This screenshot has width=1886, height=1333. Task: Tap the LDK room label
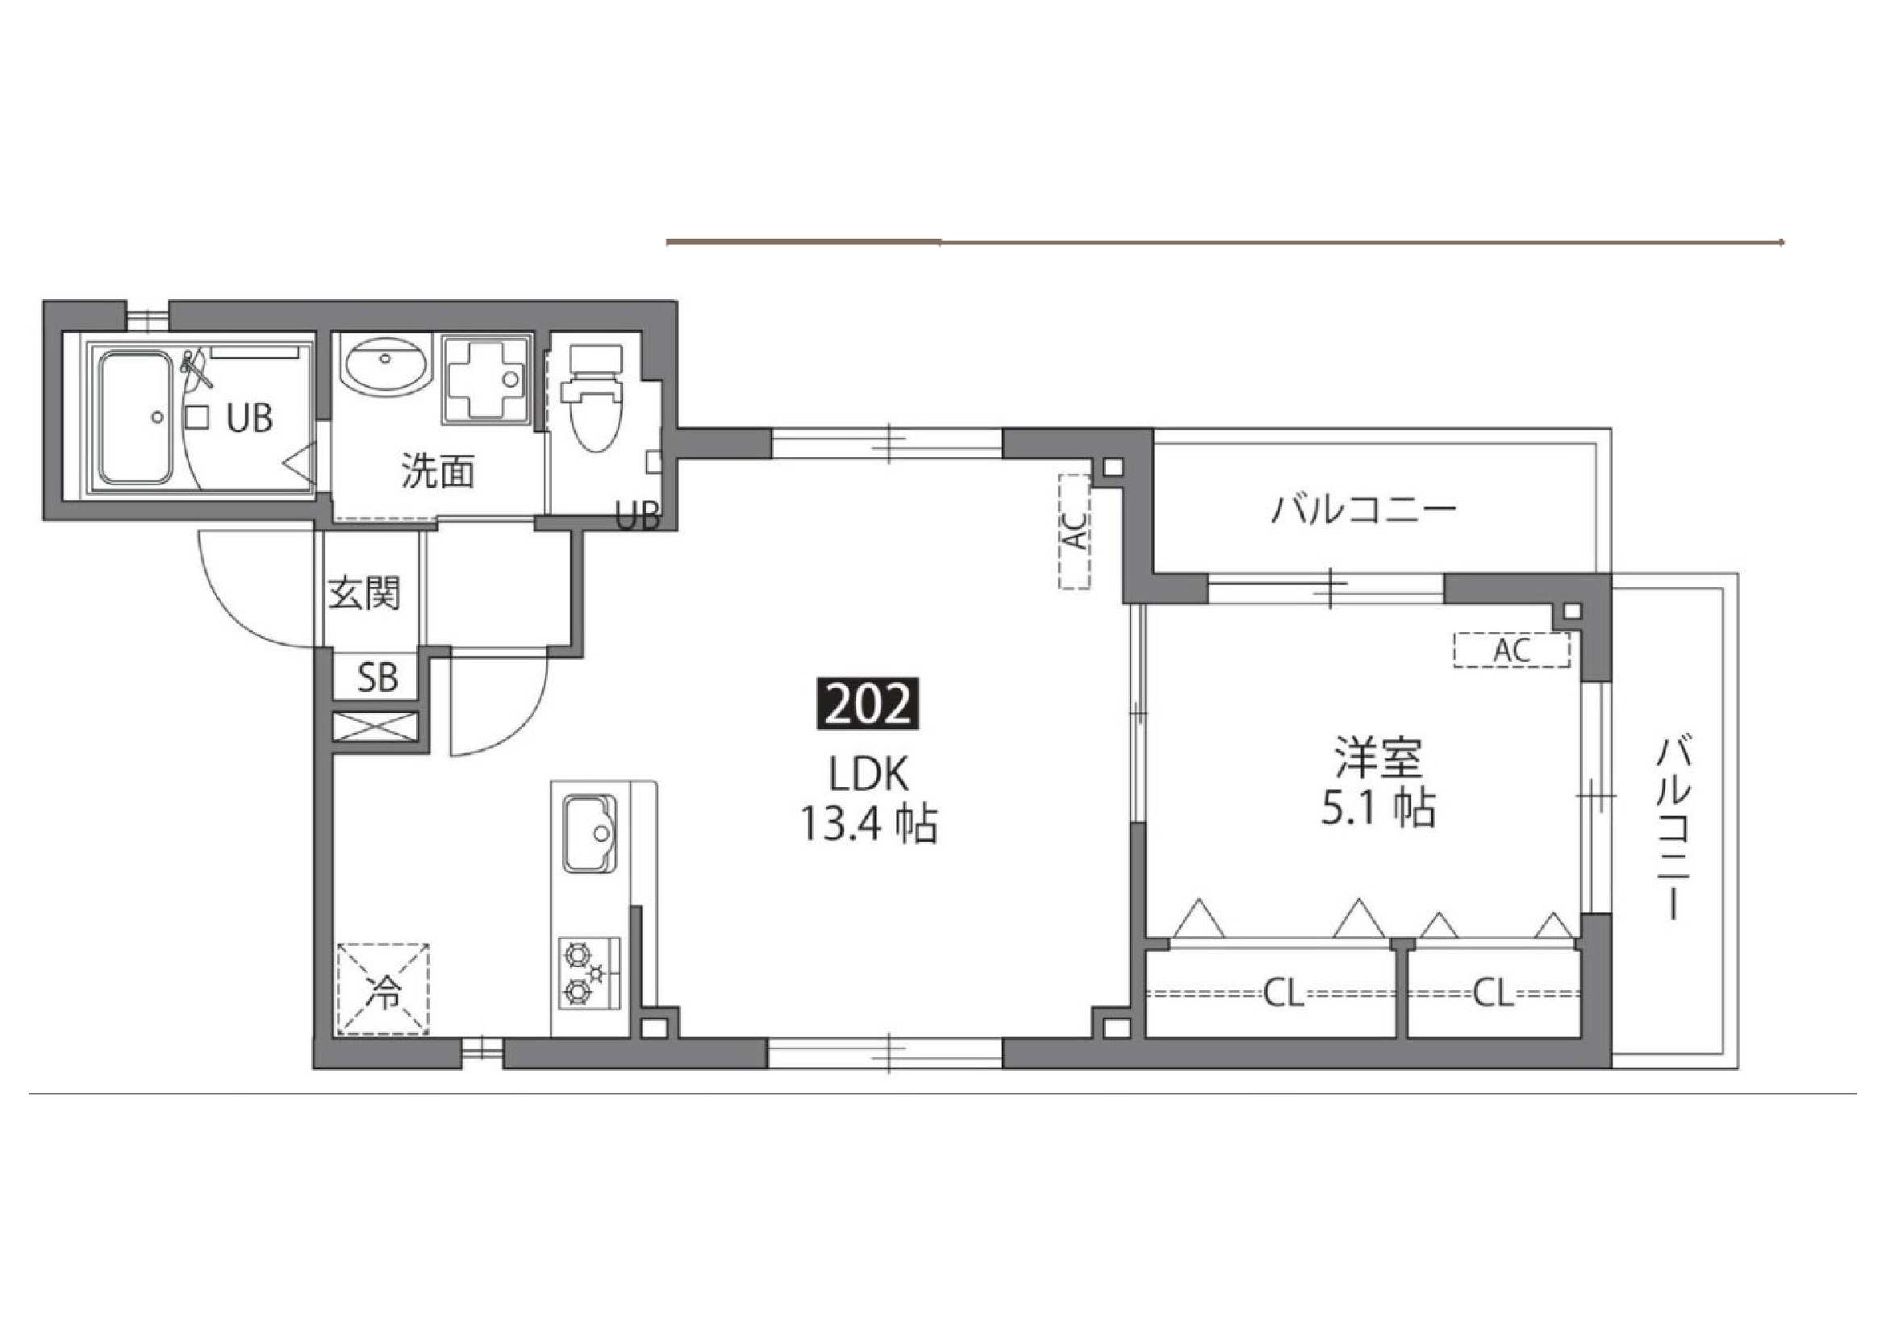[868, 773]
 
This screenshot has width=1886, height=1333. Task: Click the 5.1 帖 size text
[1378, 808]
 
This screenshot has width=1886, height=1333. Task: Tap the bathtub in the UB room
[136, 417]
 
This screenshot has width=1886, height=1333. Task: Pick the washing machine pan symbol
[486, 379]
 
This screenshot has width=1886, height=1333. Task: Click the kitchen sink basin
[589, 833]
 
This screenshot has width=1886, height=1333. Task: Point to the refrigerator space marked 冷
[383, 988]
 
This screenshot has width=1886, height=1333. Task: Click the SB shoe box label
[377, 677]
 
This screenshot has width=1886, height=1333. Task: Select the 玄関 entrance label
[364, 593]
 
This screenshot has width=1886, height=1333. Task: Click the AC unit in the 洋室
[1511, 651]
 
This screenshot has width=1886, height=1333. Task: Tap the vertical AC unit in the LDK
[1074, 531]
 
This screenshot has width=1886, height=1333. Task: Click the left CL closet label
[1283, 994]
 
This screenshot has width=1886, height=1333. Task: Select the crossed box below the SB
[375, 728]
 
